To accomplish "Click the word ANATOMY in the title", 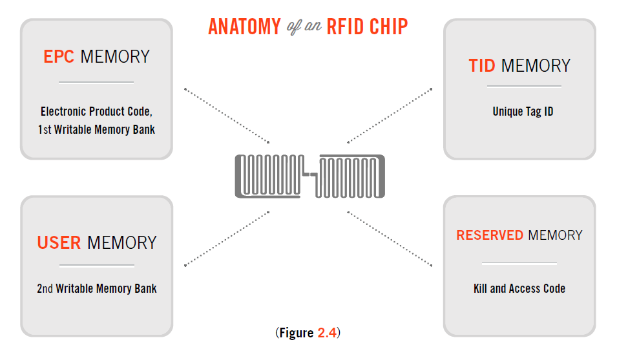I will tap(244, 26).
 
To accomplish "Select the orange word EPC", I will tap(59, 57).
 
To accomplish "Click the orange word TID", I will tap(482, 66).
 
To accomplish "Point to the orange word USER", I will tap(59, 243).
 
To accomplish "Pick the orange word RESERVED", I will tap(490, 235).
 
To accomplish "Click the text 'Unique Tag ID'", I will tap(523, 112).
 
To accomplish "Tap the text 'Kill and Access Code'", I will tap(519, 289).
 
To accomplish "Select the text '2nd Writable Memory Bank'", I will tap(96, 288).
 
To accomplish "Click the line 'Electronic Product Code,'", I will tap(96, 111).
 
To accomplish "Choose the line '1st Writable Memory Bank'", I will tap(96, 129).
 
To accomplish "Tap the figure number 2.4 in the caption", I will tap(326, 334).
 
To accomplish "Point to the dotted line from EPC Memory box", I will tap(226, 116).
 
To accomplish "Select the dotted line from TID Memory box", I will tap(390, 116).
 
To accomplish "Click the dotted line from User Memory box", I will tap(226, 238).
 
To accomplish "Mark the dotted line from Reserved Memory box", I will tap(390, 238).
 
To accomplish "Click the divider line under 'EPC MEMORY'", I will tap(96, 82).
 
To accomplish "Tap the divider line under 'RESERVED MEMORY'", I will tap(519, 264).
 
